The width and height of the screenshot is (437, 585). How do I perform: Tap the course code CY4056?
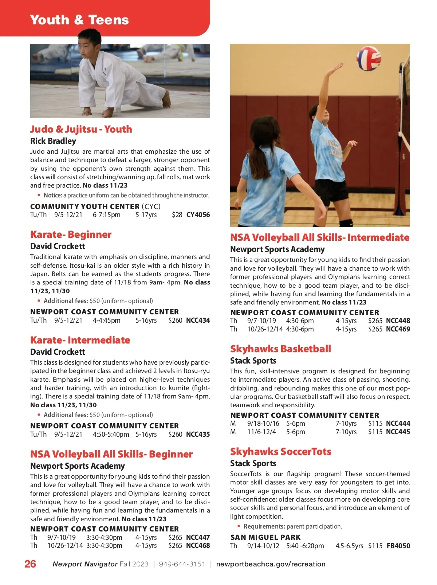(x=198, y=215)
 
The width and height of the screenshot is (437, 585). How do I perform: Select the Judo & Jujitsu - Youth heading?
(x=81, y=129)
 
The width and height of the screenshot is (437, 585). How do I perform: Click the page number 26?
(x=30, y=564)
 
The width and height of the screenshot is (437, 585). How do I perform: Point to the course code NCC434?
(x=198, y=321)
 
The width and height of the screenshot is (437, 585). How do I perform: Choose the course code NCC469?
(x=398, y=329)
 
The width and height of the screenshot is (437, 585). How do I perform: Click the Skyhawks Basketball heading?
(x=280, y=349)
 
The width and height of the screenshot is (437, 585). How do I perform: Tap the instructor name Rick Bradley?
(x=53, y=141)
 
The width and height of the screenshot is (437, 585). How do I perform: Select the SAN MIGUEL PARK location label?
(x=265, y=537)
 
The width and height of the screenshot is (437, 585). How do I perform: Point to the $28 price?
(x=177, y=215)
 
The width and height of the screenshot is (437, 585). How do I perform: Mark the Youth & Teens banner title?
(x=79, y=20)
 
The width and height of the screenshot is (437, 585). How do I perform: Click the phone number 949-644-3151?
(x=182, y=564)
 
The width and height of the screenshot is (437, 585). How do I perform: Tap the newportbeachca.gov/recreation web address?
(x=271, y=564)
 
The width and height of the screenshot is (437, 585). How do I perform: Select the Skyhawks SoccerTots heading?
(x=280, y=452)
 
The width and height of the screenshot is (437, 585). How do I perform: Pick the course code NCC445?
(x=398, y=432)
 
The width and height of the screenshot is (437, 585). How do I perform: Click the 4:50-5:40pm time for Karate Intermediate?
(x=111, y=435)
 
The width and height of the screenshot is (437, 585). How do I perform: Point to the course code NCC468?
(x=198, y=546)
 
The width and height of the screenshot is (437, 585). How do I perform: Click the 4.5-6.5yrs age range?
(x=349, y=546)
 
